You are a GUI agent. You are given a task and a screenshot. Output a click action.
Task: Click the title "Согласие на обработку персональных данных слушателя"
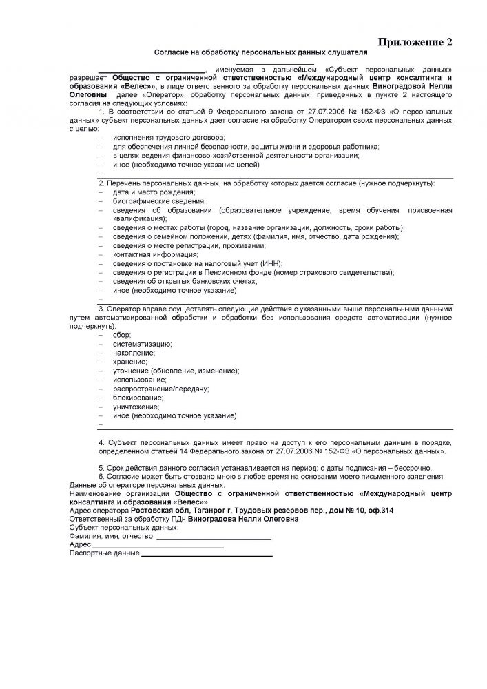[x=260, y=52]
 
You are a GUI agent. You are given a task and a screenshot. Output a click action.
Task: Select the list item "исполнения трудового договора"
[x=159, y=138]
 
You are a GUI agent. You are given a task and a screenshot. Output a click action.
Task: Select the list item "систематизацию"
[x=143, y=343]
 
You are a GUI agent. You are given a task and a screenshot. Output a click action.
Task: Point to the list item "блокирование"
[x=138, y=398]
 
